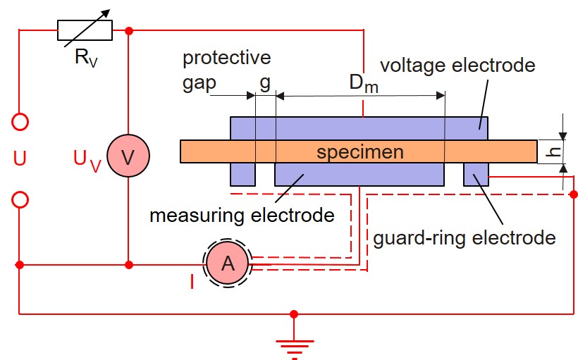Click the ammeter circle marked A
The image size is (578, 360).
pos(227,263)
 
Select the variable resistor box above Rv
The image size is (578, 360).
pos(85,30)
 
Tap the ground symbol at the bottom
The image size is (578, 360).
pos(294,345)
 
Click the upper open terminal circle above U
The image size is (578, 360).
pos(21,122)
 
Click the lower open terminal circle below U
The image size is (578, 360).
pos(21,200)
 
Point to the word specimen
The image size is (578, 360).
pos(359,152)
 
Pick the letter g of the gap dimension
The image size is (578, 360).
pos(264,82)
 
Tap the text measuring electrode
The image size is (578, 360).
pos(242,214)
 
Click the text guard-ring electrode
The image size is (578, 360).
pos(465,237)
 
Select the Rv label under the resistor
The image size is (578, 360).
pos(85,57)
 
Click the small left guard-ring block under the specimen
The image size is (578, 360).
pos(242,173)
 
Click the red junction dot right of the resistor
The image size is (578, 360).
pos(129,30)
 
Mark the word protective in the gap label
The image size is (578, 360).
pos(226,57)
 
